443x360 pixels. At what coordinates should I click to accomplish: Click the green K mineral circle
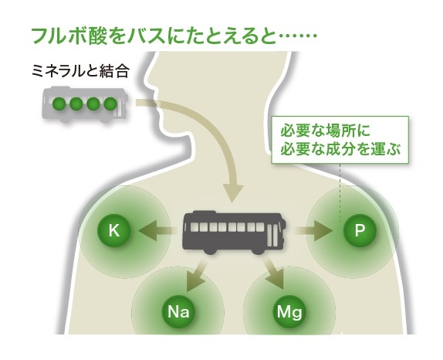pyautogui.click(x=114, y=230)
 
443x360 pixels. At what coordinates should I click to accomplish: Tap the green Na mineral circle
pyautogui.click(x=178, y=311)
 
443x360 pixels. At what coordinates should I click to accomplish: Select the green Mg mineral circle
pyautogui.click(x=289, y=311)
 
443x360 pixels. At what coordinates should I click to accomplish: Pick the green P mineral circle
pyautogui.click(x=360, y=230)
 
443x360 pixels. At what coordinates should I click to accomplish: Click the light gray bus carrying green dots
pyautogui.click(x=85, y=104)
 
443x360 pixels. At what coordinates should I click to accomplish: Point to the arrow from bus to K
pyautogui.click(x=157, y=230)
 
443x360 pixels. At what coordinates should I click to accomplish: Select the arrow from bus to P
pyautogui.click(x=313, y=230)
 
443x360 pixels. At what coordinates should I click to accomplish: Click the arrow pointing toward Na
pyautogui.click(x=196, y=275)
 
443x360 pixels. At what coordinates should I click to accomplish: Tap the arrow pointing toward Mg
pyautogui.click(x=273, y=273)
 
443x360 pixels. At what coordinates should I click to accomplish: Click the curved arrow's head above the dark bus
pyautogui.click(x=233, y=193)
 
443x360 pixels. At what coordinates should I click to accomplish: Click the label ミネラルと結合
pyautogui.click(x=80, y=71)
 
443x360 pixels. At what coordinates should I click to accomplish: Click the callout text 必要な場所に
pyautogui.click(x=325, y=131)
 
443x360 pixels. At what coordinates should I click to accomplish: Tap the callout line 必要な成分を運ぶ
pyautogui.click(x=340, y=148)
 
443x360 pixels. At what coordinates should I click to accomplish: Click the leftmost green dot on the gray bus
pyautogui.click(x=59, y=104)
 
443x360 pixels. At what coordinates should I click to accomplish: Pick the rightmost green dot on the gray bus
pyautogui.click(x=110, y=104)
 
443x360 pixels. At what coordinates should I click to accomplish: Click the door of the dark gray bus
pyautogui.click(x=272, y=234)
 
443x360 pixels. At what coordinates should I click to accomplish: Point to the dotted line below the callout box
pyautogui.click(x=340, y=192)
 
